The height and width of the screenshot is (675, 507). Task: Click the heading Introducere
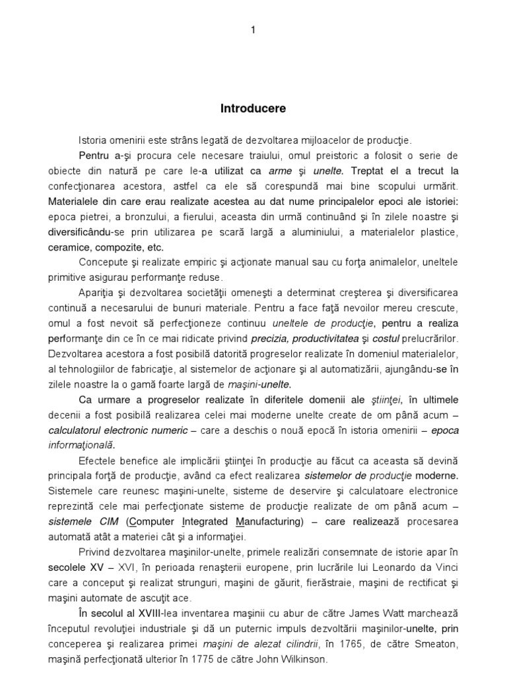click(x=253, y=109)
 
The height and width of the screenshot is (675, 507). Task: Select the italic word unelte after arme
click(x=330, y=171)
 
